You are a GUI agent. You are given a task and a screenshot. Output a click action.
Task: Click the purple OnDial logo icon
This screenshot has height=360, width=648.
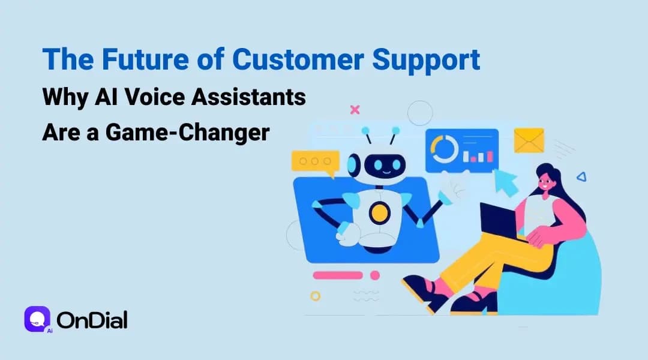tap(37, 319)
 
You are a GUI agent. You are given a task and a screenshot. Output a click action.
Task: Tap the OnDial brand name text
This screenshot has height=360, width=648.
tap(92, 320)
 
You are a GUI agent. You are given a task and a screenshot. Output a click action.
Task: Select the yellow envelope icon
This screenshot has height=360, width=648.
tap(529, 140)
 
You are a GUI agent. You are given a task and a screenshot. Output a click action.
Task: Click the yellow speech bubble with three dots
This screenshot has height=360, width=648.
tap(314, 163)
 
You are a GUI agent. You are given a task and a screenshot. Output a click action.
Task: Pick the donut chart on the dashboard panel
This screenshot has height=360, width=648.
tap(445, 149)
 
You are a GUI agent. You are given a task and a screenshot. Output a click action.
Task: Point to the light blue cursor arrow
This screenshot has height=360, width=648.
tap(506, 182)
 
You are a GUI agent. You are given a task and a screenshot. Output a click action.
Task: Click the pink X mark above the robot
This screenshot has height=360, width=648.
tap(355, 110)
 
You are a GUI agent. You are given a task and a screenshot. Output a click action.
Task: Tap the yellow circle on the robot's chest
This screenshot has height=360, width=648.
tap(378, 212)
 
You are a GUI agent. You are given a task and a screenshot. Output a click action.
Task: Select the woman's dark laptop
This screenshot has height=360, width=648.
tap(499, 220)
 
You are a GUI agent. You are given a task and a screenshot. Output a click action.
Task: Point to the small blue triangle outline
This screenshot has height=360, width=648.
tap(580, 176)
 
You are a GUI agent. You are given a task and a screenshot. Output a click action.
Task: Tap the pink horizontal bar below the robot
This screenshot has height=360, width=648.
tap(338, 275)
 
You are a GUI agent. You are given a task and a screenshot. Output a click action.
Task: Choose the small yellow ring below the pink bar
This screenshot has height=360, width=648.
tap(316, 296)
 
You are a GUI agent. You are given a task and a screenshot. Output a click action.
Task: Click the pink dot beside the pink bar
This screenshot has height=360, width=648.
tap(375, 275)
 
